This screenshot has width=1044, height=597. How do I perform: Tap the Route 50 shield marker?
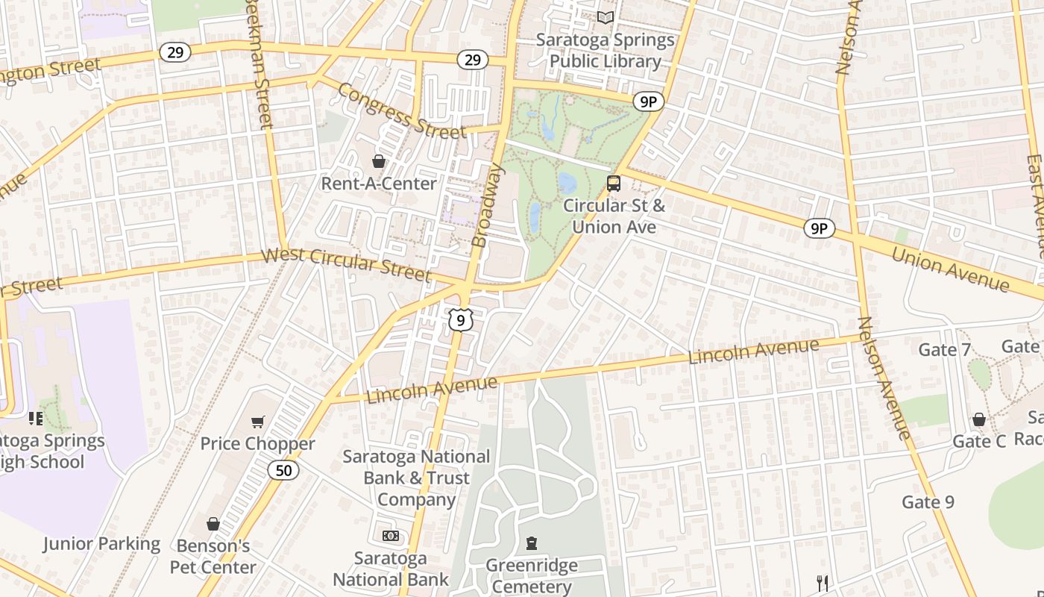(x=283, y=470)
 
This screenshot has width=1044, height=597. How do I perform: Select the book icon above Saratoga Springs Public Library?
(x=606, y=17)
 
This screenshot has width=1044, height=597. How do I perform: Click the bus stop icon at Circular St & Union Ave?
(x=614, y=183)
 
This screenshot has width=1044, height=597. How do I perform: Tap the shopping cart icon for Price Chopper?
(x=258, y=422)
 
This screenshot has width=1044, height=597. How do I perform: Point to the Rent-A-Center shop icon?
(x=379, y=161)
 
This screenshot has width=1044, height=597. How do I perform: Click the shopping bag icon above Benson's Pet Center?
(x=213, y=524)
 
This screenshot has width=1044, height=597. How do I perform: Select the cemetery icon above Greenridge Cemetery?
(x=532, y=543)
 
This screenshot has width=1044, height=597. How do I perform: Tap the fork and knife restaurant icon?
(x=823, y=583)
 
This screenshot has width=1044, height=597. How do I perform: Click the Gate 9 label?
(x=928, y=502)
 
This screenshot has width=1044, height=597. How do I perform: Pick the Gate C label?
(x=979, y=441)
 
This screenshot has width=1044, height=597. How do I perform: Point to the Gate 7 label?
(x=944, y=349)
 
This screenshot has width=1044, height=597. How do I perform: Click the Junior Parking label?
(x=101, y=544)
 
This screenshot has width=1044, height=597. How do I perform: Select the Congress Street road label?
(x=401, y=112)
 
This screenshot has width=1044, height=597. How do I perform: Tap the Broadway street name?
(x=489, y=206)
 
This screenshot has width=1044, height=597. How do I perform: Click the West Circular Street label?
(x=346, y=265)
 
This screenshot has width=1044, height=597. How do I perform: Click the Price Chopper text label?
(x=257, y=444)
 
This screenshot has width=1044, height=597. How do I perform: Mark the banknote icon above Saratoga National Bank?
(x=391, y=536)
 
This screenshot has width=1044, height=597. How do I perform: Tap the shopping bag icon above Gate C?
(x=979, y=420)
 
